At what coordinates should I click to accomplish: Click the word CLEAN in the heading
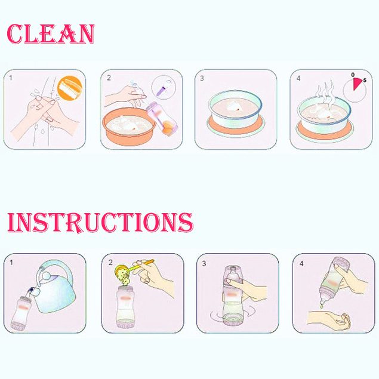(51, 34)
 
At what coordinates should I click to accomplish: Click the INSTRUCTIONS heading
(100, 223)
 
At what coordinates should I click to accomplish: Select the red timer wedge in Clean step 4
(357, 84)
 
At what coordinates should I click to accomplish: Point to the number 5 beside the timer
(365, 80)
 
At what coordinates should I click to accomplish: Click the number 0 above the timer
(353, 75)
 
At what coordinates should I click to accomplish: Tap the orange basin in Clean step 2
(129, 127)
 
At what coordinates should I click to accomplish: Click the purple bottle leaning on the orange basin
(162, 118)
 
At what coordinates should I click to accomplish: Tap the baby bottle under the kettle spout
(21, 313)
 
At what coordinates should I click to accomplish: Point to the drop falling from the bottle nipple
(322, 306)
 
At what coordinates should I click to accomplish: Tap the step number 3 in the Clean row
(202, 78)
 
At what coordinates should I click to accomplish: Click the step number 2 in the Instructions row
(110, 262)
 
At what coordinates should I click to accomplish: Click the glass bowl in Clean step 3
(235, 109)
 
